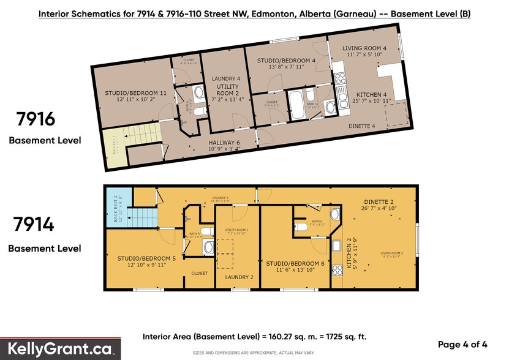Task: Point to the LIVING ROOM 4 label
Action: point(364,48)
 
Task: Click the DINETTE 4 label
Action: point(361,126)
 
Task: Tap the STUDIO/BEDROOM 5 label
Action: point(146,258)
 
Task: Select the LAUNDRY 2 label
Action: point(239,277)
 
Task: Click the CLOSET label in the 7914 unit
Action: point(199,273)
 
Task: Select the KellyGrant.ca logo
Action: point(60,350)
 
